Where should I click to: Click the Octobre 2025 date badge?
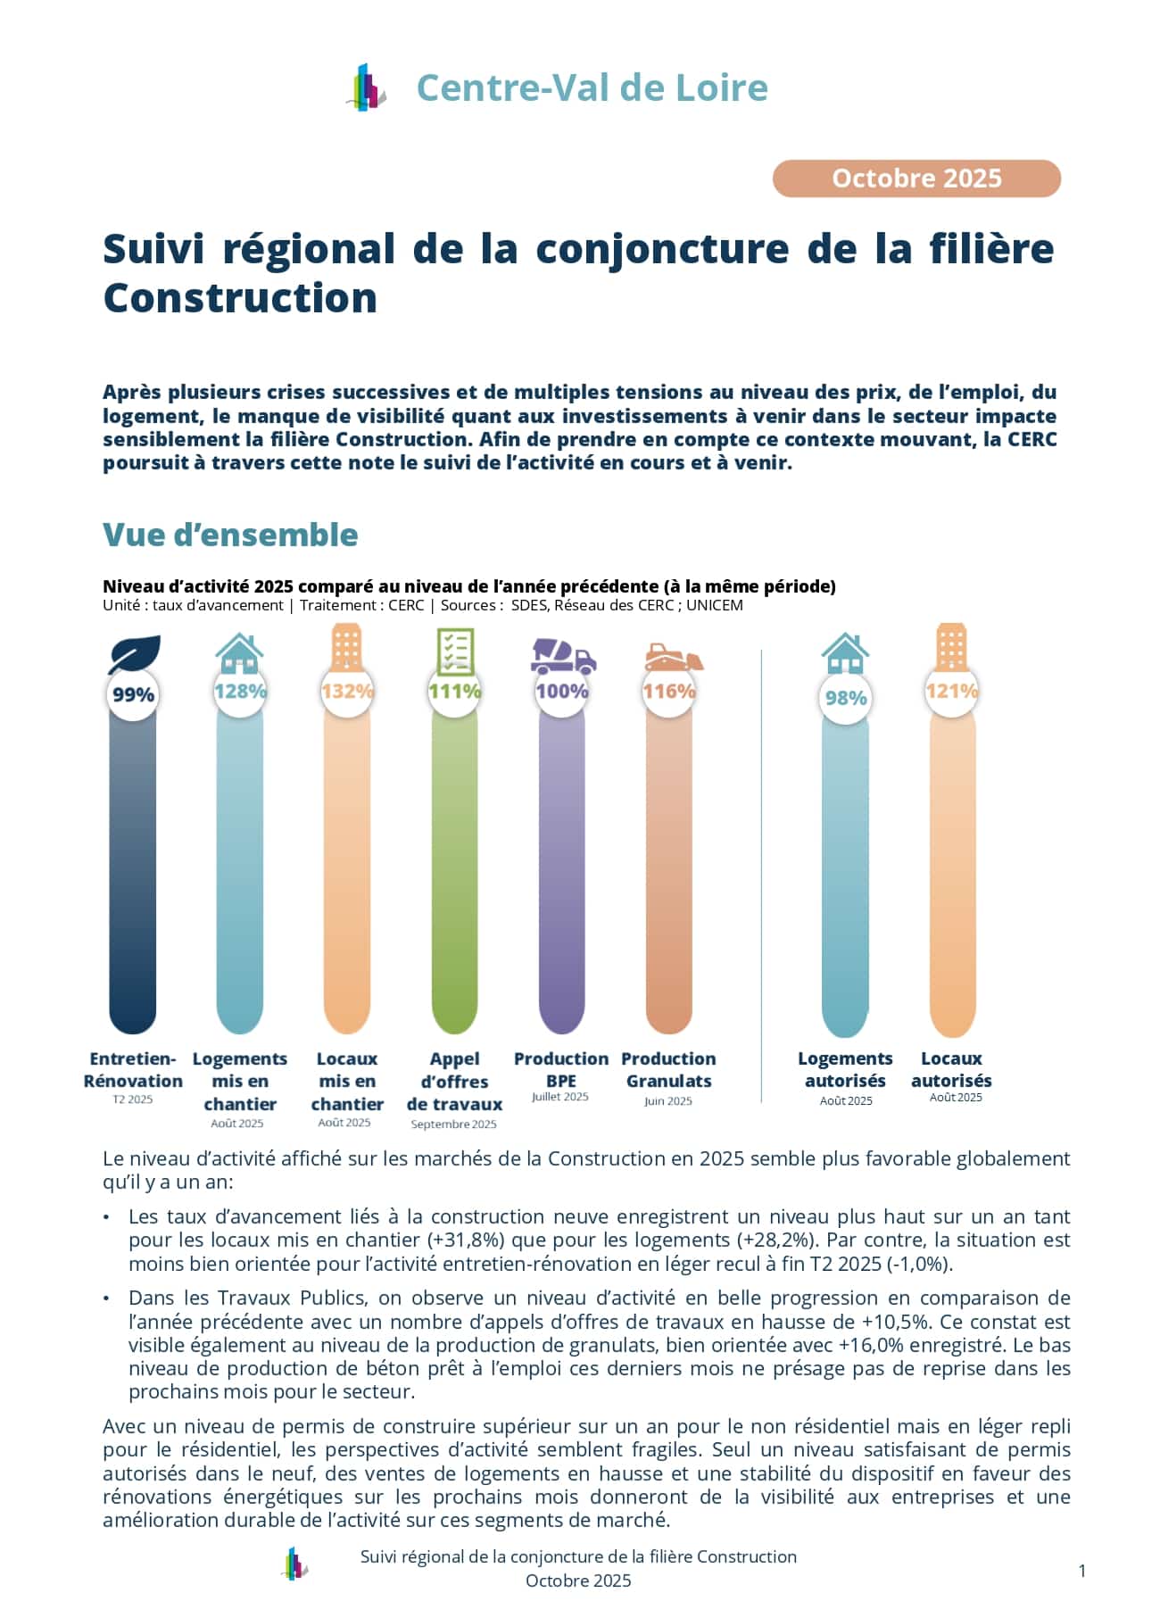(916, 178)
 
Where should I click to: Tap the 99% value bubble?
(134, 694)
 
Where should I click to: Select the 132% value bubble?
(347, 691)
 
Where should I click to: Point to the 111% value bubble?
(454, 691)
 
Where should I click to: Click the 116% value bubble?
(668, 691)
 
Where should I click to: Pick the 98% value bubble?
(845, 698)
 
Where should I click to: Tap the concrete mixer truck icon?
(563, 656)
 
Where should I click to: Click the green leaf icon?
(134, 654)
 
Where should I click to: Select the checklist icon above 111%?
(455, 651)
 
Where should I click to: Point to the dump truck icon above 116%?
(674, 657)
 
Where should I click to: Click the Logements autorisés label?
(845, 1069)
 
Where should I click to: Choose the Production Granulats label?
(668, 1069)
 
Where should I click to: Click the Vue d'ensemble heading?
(230, 535)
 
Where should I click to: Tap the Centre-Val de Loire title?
(592, 87)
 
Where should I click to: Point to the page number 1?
(1082, 1571)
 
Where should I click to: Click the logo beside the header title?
(367, 87)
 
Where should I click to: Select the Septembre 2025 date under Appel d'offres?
(453, 1124)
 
